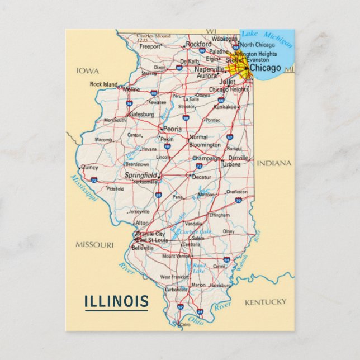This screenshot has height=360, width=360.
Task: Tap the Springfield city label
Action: (140, 175)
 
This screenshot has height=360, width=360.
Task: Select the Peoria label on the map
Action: (172, 129)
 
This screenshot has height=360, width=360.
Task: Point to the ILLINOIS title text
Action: (116, 302)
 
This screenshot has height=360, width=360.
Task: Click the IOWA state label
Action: (88, 71)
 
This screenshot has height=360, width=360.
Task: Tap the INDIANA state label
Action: (274, 163)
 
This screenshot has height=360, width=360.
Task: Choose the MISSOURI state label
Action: (94, 244)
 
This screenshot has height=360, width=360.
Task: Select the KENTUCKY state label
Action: (265, 302)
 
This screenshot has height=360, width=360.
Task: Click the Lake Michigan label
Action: (267, 38)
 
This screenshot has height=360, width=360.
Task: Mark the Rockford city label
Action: (198, 44)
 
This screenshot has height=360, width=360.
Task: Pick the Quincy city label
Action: (89, 167)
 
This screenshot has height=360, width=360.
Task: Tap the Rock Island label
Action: (103, 84)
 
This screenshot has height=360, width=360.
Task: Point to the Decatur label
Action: (201, 177)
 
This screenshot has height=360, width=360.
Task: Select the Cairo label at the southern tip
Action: (184, 324)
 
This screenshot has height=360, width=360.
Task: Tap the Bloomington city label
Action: (205, 145)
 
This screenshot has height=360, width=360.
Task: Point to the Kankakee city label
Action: (225, 106)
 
